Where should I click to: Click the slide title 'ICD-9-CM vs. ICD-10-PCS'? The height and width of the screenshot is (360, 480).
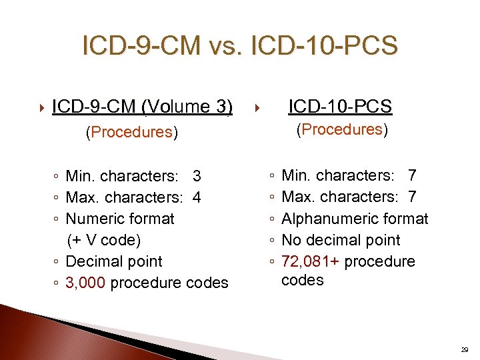pyautogui.click(x=239, y=46)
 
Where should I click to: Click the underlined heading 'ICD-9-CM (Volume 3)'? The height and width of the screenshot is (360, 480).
pyautogui.click(x=142, y=107)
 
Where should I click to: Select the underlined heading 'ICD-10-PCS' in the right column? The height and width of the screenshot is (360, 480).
pyautogui.click(x=339, y=106)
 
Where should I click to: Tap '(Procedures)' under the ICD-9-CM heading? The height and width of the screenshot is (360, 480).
pyautogui.click(x=131, y=132)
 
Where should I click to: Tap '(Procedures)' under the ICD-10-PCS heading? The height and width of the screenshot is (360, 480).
pyautogui.click(x=341, y=129)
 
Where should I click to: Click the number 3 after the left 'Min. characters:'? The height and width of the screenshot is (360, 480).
pyautogui.click(x=197, y=177)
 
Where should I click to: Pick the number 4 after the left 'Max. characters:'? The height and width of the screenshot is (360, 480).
pyautogui.click(x=197, y=198)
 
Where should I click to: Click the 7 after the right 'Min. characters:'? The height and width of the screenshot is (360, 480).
pyautogui.click(x=412, y=176)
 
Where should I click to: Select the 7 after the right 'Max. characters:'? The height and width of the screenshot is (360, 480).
pyautogui.click(x=412, y=197)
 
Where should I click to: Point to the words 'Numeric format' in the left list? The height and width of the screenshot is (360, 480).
pyautogui.click(x=120, y=219)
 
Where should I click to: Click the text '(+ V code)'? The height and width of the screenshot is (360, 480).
pyautogui.click(x=104, y=240)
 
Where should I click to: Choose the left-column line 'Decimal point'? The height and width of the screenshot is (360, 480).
pyautogui.click(x=114, y=261)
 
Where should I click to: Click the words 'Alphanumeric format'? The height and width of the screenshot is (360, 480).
pyautogui.click(x=355, y=219)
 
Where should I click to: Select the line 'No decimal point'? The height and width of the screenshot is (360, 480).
pyautogui.click(x=341, y=240)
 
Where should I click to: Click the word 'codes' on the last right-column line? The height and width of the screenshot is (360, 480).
pyautogui.click(x=303, y=281)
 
